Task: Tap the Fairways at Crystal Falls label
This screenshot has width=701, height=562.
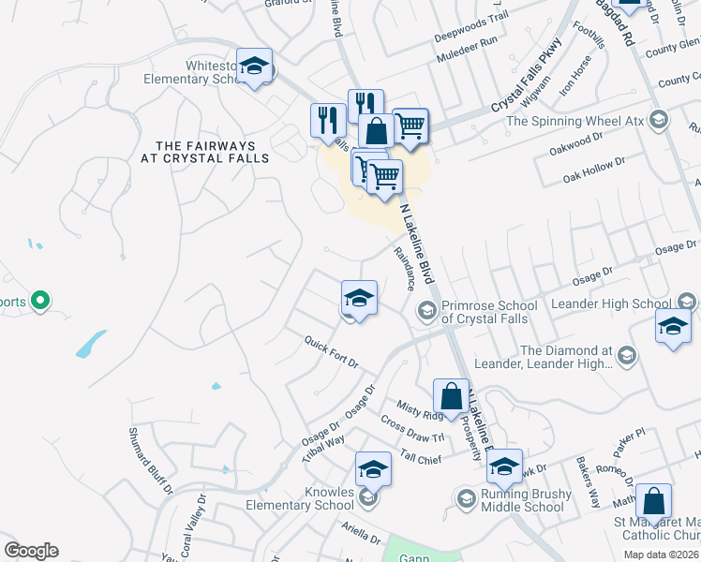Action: click(212, 152)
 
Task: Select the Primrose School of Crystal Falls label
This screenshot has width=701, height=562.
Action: click(489, 312)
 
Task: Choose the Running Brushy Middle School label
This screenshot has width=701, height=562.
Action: click(522, 501)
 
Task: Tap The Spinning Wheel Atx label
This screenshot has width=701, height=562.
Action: click(573, 121)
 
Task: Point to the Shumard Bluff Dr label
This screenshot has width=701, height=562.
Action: click(149, 460)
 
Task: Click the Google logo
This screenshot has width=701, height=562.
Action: click(31, 551)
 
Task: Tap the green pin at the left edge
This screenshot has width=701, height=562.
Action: click(39, 301)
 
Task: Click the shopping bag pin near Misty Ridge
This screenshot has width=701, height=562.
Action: click(452, 395)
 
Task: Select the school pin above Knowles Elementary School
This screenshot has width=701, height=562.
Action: click(373, 468)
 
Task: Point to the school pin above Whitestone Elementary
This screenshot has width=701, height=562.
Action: click(253, 66)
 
